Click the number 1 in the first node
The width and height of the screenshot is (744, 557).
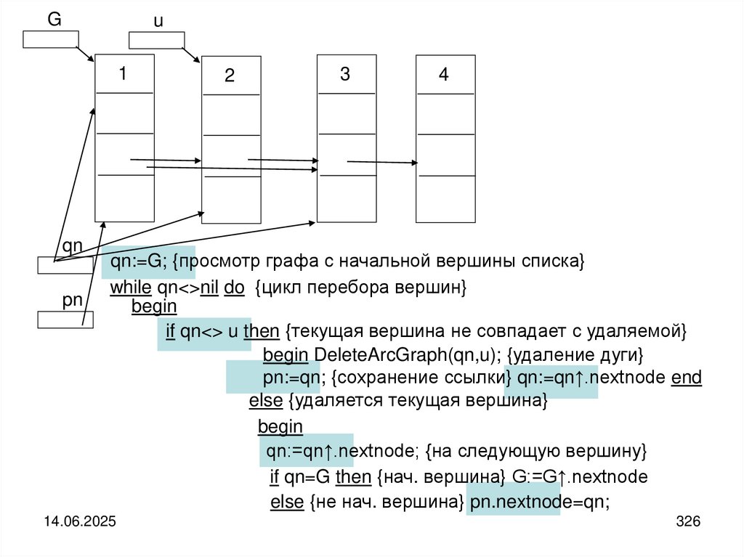click(124, 73)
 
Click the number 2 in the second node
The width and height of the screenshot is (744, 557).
click(230, 76)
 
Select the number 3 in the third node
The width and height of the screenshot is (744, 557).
click(345, 74)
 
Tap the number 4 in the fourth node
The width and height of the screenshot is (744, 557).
click(444, 76)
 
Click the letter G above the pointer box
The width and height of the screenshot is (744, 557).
click(54, 20)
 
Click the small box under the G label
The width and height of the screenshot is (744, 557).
click(50, 39)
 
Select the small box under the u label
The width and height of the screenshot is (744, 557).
click(156, 41)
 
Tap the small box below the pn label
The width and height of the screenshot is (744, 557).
click(65, 320)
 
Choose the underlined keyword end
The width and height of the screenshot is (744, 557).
click(687, 378)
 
